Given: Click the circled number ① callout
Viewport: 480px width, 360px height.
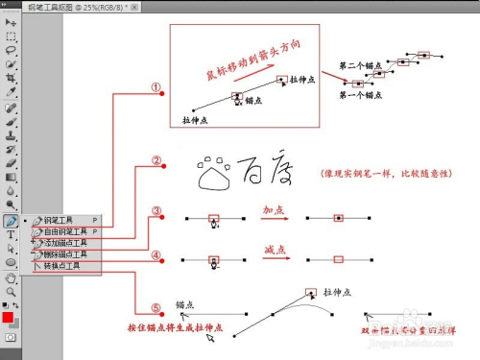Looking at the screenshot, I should coord(156,86).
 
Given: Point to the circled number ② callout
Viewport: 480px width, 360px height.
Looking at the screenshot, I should coord(156,160).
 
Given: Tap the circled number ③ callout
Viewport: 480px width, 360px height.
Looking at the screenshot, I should coord(156,211).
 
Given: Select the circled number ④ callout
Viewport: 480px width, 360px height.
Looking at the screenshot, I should coord(156,256).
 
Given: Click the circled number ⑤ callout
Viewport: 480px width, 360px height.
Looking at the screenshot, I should coord(156,308).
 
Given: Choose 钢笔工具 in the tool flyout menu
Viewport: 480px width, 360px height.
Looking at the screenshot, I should coord(63,220).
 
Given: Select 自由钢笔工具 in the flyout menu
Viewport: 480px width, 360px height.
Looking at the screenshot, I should coord(67,231).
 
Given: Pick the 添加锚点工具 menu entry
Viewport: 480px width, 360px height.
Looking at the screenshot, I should coord(67,243).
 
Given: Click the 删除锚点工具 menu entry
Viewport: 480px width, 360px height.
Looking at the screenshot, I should coord(67,254).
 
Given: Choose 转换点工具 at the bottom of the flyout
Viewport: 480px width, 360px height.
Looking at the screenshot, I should coord(63,266).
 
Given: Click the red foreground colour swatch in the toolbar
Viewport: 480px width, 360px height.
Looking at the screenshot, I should coord(8,317).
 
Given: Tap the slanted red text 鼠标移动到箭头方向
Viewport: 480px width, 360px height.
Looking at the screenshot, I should coord(246,65).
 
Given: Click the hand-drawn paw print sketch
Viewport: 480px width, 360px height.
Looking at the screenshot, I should coord(212,174).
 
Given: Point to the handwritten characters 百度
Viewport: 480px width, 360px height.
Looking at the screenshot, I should coord(264,173).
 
